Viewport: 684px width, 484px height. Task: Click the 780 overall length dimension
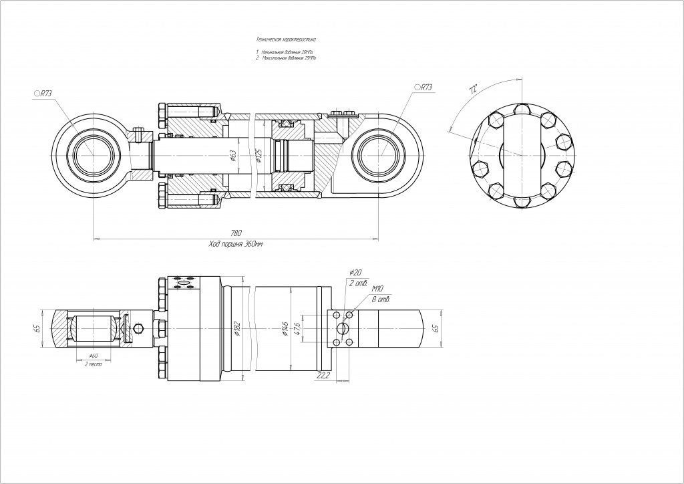(x=236, y=233)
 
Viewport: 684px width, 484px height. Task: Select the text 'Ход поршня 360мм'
(x=236, y=244)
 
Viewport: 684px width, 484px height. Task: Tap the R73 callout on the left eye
(x=43, y=94)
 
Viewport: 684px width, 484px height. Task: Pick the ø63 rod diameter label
(x=232, y=155)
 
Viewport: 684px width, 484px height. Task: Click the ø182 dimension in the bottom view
(x=237, y=328)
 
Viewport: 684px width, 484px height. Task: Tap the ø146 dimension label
(x=286, y=328)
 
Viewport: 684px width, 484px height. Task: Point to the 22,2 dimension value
(x=323, y=376)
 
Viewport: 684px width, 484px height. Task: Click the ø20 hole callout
(x=355, y=272)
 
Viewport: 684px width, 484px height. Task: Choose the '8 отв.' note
(x=383, y=299)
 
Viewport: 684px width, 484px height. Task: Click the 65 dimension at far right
(x=436, y=328)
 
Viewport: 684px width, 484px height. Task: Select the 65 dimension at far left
(x=37, y=328)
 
